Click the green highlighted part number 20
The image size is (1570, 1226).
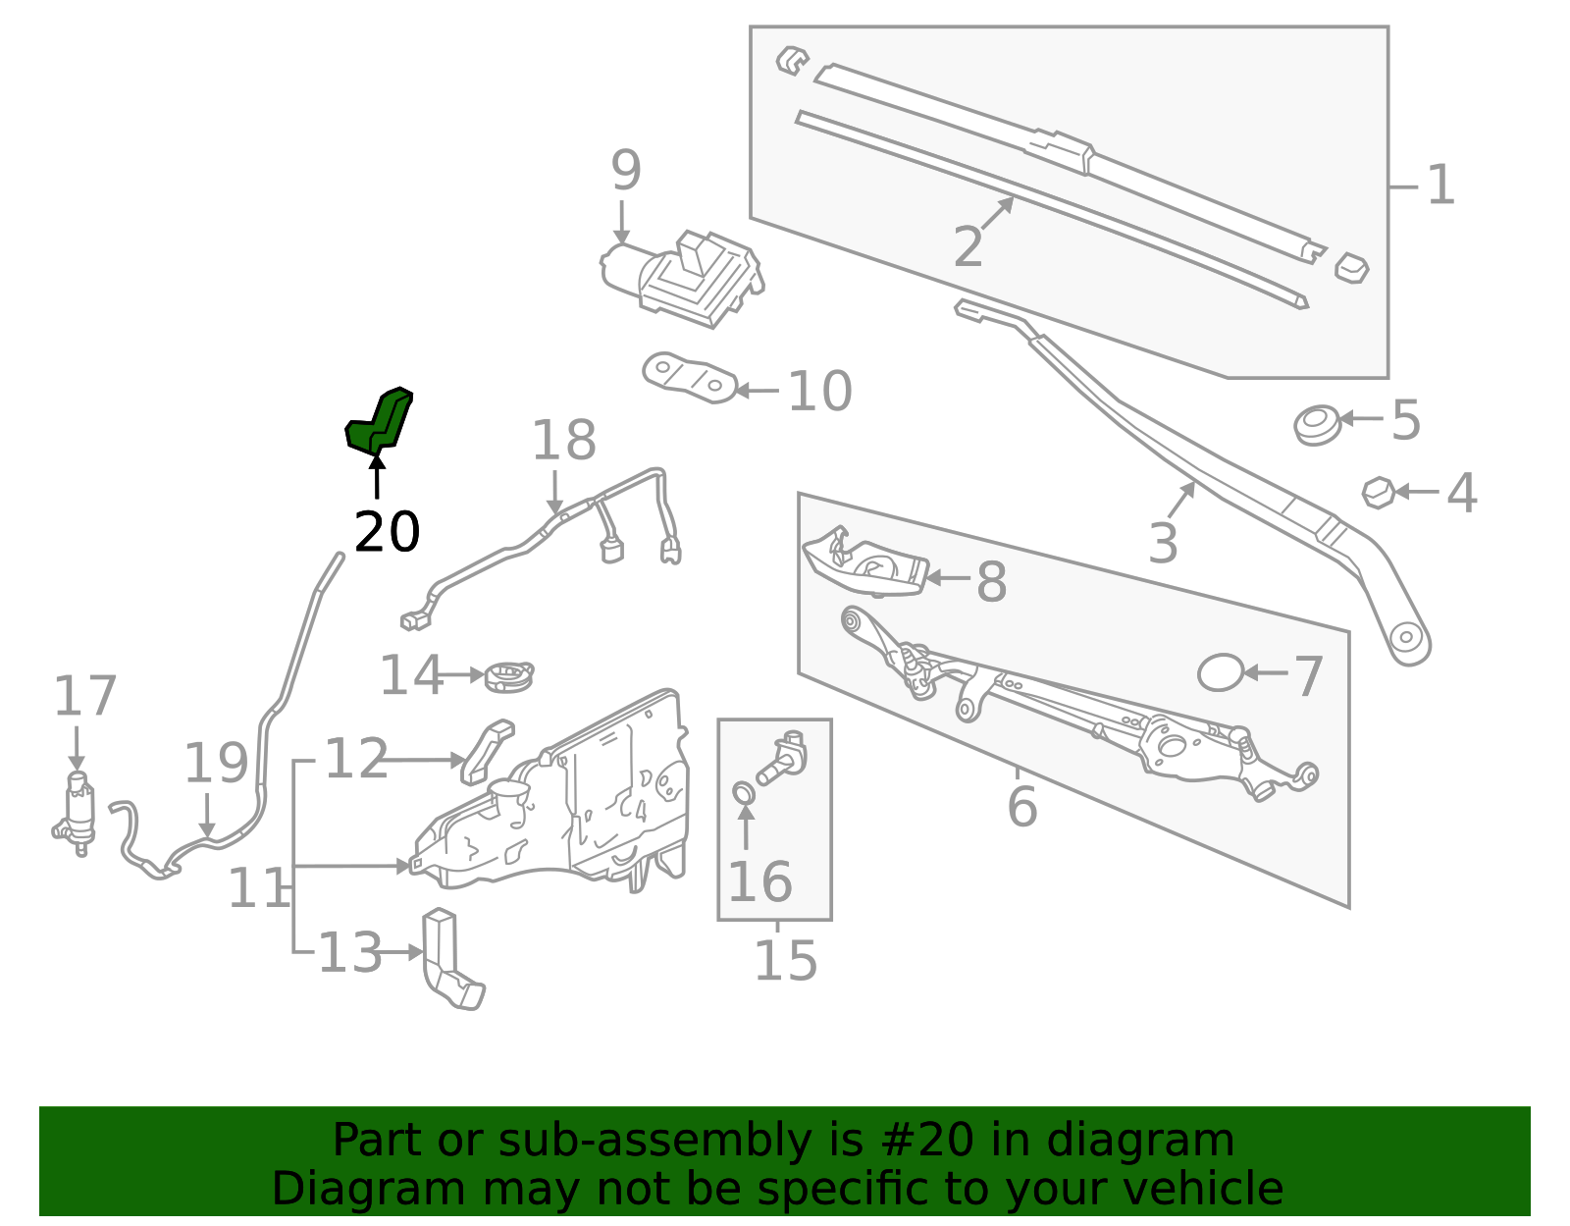379,422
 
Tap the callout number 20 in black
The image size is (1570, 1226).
387,533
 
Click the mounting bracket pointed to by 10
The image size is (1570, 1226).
690,378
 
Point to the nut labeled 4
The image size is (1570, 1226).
1379,492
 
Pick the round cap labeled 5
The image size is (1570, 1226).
1317,424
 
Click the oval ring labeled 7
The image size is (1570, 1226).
1221,673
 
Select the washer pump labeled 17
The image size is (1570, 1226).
78,813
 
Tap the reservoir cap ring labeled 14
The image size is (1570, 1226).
509,676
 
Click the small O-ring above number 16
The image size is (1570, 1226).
745,792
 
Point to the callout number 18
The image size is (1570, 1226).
563,441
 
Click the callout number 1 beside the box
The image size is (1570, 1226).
1439,186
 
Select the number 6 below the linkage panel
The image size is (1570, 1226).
1021,807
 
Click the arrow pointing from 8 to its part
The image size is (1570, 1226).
948,578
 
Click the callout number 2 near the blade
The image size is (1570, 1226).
968,246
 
